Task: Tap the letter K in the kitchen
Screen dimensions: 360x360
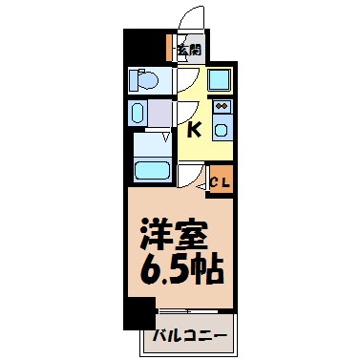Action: (x=194, y=128)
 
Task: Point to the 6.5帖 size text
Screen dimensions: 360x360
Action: (x=180, y=268)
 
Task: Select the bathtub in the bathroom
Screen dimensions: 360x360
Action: (x=151, y=171)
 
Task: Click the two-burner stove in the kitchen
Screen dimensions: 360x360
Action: (x=221, y=107)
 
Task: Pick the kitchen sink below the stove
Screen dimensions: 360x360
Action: (x=221, y=128)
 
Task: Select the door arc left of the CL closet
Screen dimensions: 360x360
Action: (x=194, y=177)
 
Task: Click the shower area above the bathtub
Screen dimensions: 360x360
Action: (x=151, y=144)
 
